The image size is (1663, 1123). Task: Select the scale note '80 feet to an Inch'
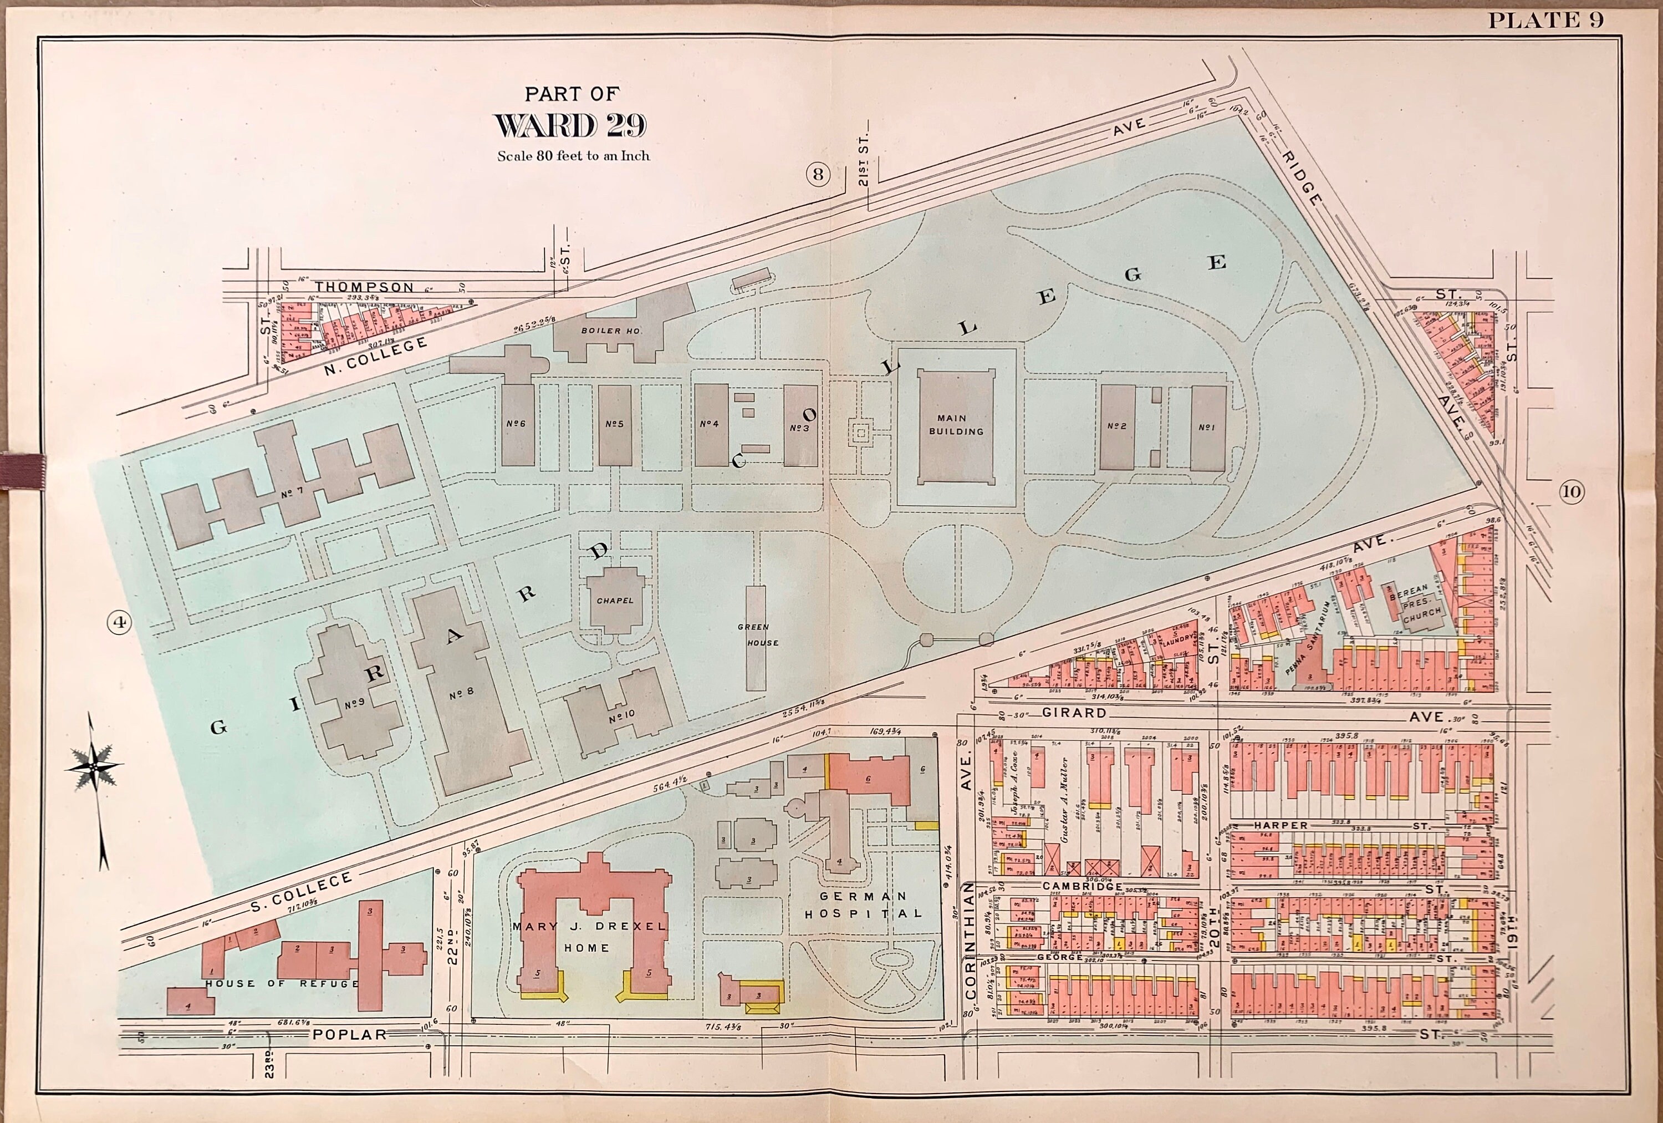pos(573,155)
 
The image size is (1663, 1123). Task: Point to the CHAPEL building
pos(614,600)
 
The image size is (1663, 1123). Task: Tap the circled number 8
pos(818,174)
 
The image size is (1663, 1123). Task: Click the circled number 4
pos(120,623)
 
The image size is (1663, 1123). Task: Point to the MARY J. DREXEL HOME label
pos(589,936)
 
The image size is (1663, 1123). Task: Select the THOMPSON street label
pos(364,287)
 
